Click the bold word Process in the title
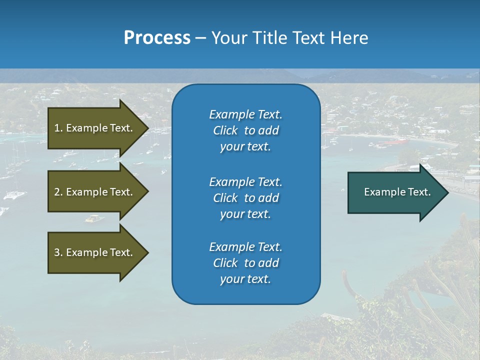click(157, 38)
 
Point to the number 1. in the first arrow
click(58, 128)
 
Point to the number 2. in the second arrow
click(58, 192)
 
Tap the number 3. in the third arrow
click(58, 252)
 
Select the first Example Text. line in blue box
click(245, 114)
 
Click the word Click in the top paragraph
click(225, 130)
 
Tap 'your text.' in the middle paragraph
click(245, 214)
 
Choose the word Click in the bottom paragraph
click(225, 263)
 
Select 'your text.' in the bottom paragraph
click(245, 279)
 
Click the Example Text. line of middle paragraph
click(245, 181)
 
